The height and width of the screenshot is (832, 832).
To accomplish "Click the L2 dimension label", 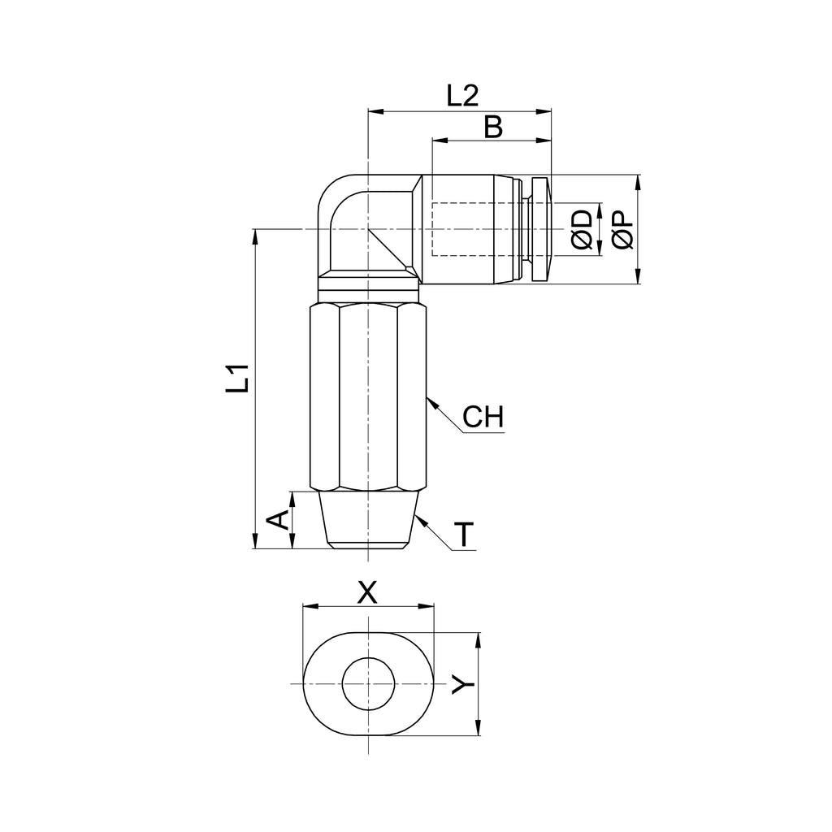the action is [x=462, y=96].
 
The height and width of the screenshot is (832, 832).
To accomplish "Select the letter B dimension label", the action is [x=493, y=128].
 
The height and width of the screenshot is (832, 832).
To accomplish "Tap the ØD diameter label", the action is [x=582, y=229].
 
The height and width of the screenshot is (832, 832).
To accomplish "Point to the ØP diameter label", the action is [x=622, y=229].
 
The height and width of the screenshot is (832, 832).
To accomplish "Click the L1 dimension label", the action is [x=237, y=378].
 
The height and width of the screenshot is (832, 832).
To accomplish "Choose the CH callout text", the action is [x=483, y=417].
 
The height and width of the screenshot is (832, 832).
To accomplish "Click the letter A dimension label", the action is [x=277, y=519].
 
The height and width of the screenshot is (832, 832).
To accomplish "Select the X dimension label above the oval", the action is [x=367, y=592].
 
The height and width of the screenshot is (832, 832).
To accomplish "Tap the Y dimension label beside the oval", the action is [x=462, y=684].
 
